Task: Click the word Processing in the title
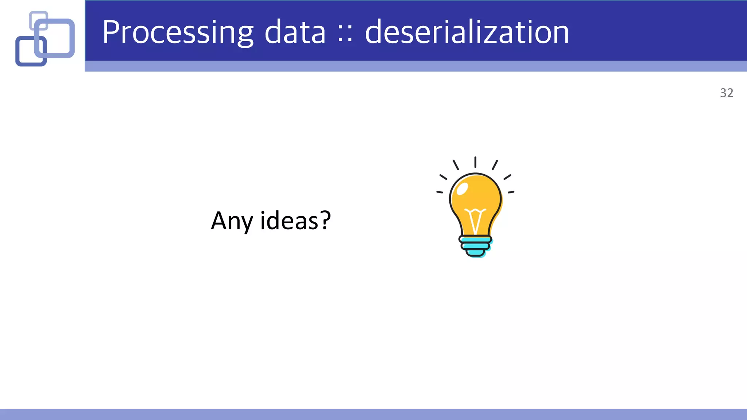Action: click(178, 33)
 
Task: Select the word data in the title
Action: click(295, 33)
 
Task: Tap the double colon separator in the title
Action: click(345, 34)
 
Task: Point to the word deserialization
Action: click(467, 33)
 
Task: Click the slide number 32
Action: click(726, 93)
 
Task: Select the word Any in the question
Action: click(232, 221)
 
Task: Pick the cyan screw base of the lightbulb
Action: click(475, 246)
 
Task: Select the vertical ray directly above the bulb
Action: click(475, 162)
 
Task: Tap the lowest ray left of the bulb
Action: click(440, 192)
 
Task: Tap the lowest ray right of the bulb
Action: click(511, 192)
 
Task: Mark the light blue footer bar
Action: click(373, 414)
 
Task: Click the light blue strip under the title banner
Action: click(416, 66)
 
